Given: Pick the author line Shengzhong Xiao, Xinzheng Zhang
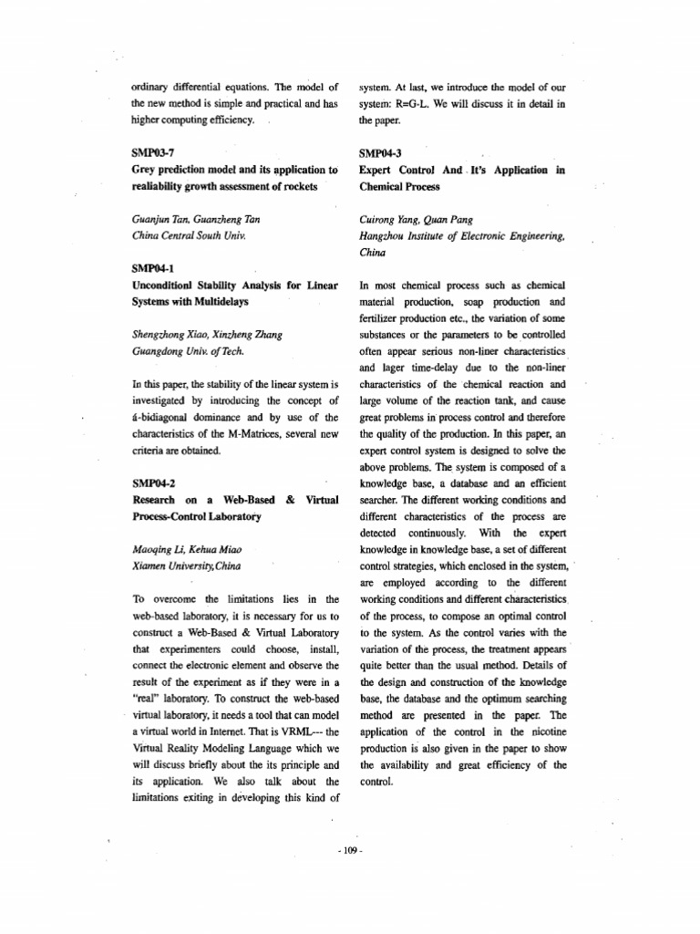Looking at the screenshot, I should pyautogui.click(x=207, y=335).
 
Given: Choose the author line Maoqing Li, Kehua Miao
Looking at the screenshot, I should pyautogui.click(x=188, y=549).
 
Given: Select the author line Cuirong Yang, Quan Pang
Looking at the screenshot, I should pyautogui.click(x=415, y=219).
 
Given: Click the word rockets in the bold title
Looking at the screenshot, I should pyautogui.click(x=295, y=186).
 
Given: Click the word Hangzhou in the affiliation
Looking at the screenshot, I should pyautogui.click(x=383, y=235).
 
